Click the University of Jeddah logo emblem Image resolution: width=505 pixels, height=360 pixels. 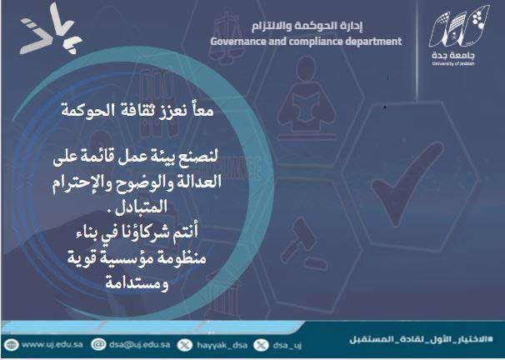(x=460, y=27)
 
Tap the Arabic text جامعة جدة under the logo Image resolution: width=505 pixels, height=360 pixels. (x=453, y=55)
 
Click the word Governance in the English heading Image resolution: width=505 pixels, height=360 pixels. (x=238, y=42)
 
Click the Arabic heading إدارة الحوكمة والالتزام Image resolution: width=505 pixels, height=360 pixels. (x=307, y=26)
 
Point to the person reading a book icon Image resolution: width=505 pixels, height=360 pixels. (x=307, y=97)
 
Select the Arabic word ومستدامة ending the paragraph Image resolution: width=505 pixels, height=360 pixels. (x=137, y=283)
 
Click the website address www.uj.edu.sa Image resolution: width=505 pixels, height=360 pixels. (x=52, y=344)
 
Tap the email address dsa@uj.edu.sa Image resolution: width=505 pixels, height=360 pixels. (x=139, y=344)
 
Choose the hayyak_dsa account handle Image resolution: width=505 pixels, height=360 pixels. (x=222, y=345)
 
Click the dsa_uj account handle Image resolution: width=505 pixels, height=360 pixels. (x=287, y=346)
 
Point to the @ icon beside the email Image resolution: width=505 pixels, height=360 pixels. (x=98, y=344)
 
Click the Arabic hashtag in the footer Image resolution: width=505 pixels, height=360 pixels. (x=422, y=339)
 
